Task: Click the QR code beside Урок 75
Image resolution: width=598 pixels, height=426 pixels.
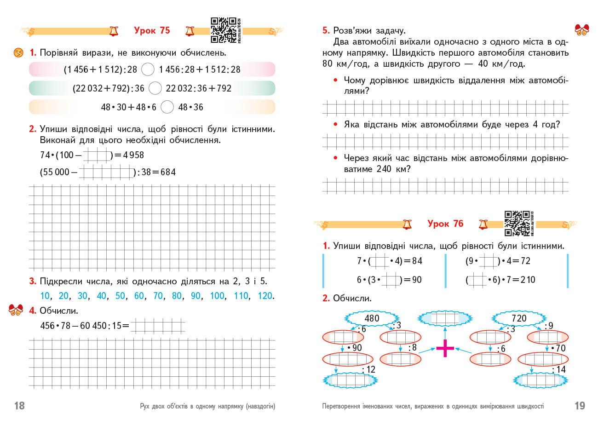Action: (224, 30)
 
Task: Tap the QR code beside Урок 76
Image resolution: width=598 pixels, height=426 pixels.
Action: (517, 223)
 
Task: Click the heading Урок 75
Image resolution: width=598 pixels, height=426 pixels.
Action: (152, 30)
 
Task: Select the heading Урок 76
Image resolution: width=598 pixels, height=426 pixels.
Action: (445, 224)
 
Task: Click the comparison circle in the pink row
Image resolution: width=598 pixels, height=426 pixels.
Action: (148, 69)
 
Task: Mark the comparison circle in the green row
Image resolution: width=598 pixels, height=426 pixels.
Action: (155, 88)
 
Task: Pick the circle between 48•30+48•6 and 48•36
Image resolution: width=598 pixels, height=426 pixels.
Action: (167, 107)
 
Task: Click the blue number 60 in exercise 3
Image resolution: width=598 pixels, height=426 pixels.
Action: (139, 296)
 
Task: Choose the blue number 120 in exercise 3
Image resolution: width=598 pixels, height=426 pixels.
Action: (265, 296)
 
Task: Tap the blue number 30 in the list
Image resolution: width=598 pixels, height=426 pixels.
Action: (82, 296)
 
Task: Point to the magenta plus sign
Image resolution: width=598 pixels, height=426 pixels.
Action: (445, 348)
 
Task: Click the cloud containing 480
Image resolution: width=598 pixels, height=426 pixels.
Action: (372, 318)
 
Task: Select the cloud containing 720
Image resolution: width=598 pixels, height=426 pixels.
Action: (519, 318)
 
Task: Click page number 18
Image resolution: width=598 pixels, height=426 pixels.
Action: (19, 405)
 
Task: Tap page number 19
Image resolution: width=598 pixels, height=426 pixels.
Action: (580, 405)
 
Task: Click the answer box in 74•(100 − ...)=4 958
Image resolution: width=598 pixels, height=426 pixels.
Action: (97, 155)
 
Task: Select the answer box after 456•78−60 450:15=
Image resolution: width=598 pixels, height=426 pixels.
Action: (158, 326)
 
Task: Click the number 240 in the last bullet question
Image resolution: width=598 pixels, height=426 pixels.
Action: (384, 169)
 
